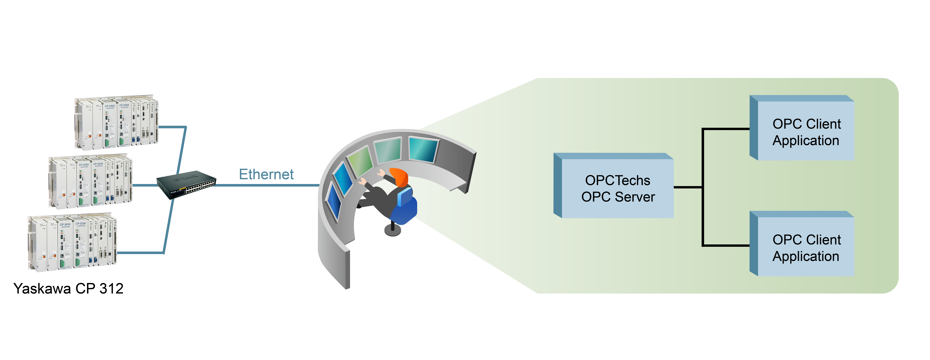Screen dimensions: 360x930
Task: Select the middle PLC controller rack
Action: pyautogui.click(x=90, y=182)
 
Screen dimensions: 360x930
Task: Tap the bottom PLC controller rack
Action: pyautogui.click(x=72, y=242)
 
